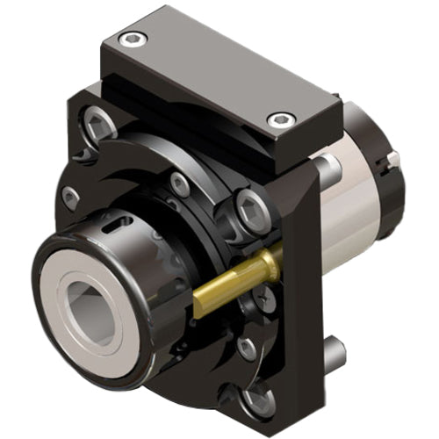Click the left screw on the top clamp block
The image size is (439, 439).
[x=131, y=38]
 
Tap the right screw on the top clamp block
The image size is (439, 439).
[x=280, y=119]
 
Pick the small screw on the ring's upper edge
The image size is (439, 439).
[x=180, y=184]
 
